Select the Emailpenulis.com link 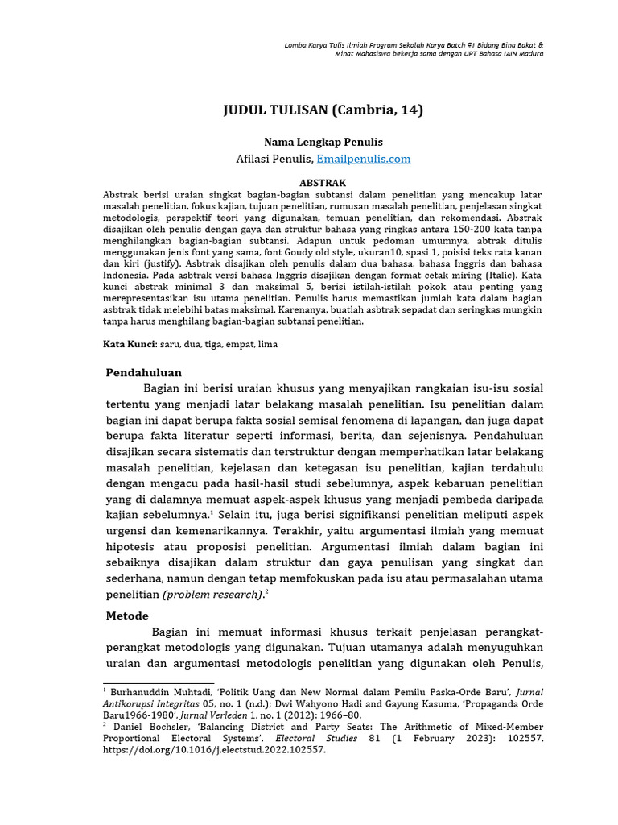(364, 160)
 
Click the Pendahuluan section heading (144, 372)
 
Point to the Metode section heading (128, 615)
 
